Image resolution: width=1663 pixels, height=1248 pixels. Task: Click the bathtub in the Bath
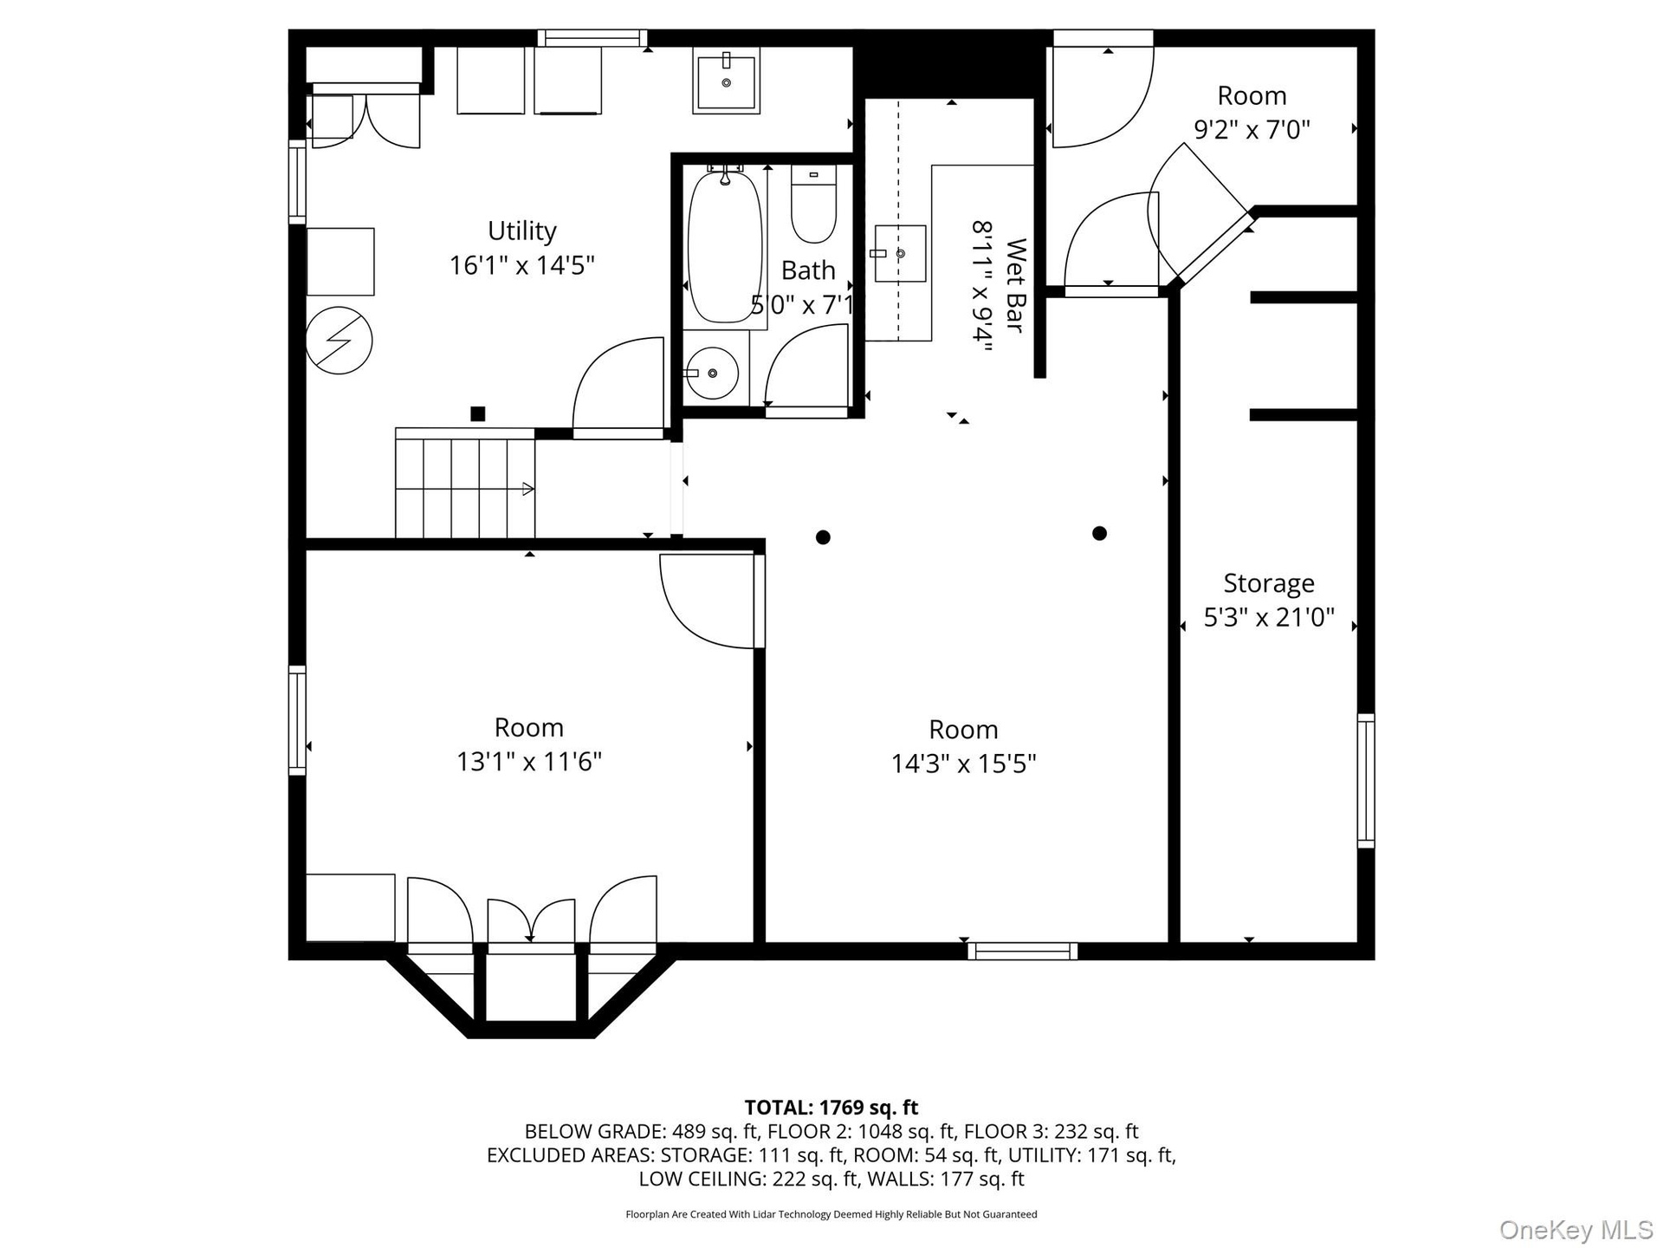tap(725, 247)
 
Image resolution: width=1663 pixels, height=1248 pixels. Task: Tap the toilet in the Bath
tap(813, 205)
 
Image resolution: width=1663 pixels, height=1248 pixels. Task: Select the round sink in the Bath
tap(711, 373)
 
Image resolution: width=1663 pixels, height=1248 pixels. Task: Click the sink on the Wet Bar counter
tap(899, 253)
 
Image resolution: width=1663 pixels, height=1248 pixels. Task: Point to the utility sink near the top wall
tap(726, 81)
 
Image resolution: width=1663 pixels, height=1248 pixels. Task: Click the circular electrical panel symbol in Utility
tap(339, 341)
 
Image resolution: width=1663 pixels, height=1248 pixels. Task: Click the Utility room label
tap(521, 231)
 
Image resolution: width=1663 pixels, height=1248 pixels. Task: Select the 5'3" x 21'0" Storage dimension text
tap(1269, 617)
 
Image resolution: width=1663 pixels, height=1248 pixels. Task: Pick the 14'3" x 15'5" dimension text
tap(963, 764)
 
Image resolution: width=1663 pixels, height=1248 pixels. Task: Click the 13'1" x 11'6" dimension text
tap(529, 761)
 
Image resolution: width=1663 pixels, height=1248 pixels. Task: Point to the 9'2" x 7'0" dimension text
tap(1252, 129)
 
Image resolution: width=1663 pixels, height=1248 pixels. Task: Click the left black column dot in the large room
tap(823, 537)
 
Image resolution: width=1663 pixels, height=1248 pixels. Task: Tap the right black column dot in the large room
tap(1099, 533)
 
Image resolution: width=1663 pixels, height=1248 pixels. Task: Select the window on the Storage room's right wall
tap(1366, 780)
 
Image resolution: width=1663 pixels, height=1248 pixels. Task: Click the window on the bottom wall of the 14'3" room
tap(1022, 951)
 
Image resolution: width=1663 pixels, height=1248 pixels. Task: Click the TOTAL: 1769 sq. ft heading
tap(831, 1108)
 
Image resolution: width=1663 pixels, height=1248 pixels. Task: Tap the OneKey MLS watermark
tap(1576, 1230)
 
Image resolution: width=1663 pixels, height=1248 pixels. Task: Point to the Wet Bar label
tap(1015, 285)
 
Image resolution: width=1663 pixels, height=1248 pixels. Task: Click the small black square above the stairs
tap(477, 413)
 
